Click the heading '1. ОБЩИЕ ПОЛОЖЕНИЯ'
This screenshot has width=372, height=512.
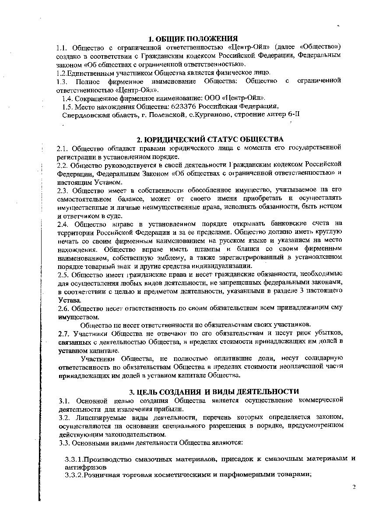tap(193, 39)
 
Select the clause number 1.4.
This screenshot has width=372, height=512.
tap(68, 98)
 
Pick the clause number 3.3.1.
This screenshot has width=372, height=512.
tap(74, 459)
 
